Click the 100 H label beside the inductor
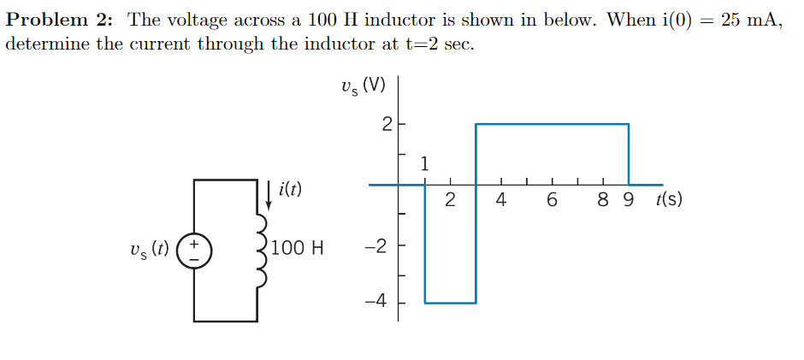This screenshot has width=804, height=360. pyautogui.click(x=297, y=249)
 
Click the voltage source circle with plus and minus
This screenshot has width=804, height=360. pyautogui.click(x=194, y=250)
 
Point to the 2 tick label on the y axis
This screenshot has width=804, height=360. pyautogui.click(x=385, y=125)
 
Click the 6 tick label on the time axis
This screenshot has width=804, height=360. pyautogui.click(x=552, y=202)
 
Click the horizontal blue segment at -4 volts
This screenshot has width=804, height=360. pyautogui.click(x=450, y=303)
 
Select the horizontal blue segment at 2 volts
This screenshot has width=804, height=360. pyautogui.click(x=552, y=124)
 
